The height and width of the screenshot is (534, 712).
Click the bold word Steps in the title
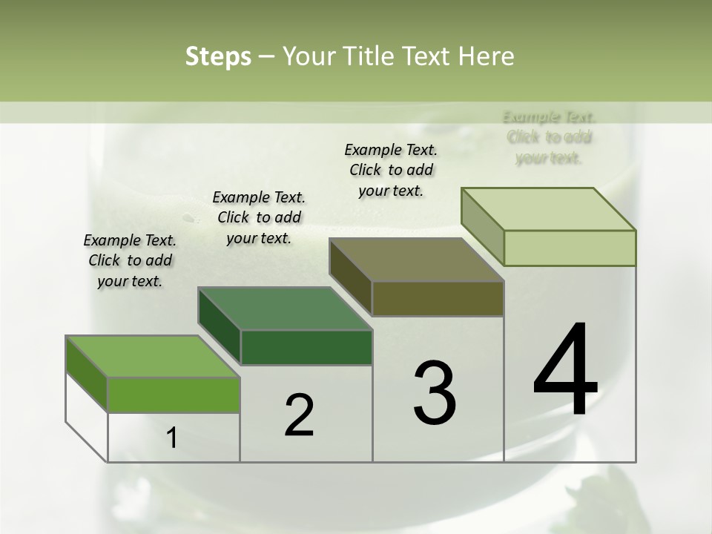point(217,56)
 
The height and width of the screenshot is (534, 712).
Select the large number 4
point(565,371)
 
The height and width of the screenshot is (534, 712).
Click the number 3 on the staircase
point(435,393)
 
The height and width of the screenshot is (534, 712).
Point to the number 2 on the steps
point(299,415)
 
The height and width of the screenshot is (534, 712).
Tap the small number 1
point(172,438)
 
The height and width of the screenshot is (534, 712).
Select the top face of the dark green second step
point(286,309)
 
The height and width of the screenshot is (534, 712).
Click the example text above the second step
point(259,217)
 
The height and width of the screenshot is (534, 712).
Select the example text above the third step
point(391,170)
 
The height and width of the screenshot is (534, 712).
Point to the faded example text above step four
point(549,137)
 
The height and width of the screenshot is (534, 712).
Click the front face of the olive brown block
point(438,299)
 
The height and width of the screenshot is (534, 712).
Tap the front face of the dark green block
point(306,348)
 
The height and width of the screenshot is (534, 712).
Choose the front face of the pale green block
point(570,248)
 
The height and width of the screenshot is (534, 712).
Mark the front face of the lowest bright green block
point(174,395)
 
